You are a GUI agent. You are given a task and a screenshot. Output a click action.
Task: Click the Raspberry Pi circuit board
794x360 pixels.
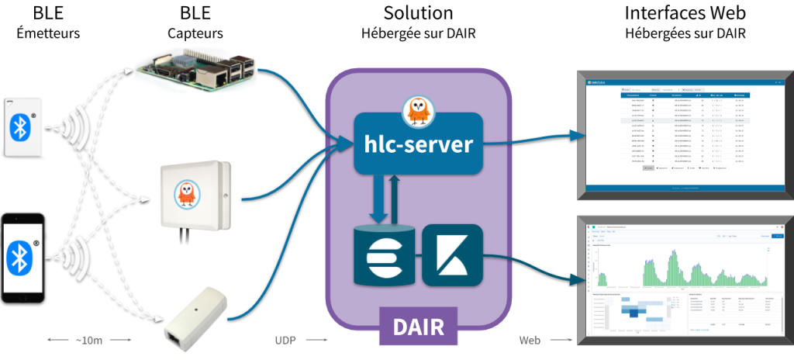coord(195,67)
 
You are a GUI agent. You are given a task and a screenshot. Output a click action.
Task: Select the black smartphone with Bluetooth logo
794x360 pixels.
coord(19,257)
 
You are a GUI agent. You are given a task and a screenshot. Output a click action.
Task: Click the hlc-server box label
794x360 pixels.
coord(418,144)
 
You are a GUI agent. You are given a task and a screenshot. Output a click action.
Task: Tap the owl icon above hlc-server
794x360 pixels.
coord(419,113)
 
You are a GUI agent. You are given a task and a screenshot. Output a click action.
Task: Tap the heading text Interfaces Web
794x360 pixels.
coord(685,13)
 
